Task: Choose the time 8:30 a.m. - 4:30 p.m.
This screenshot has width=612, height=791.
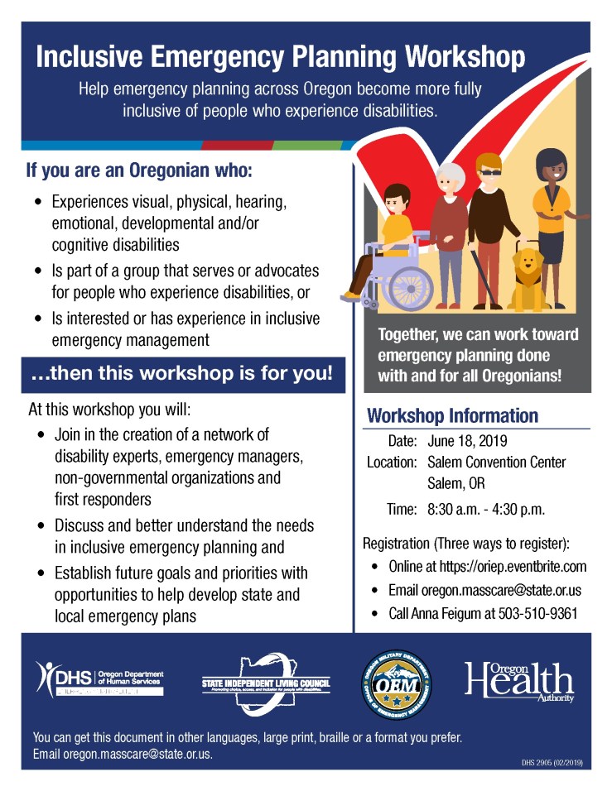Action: pos(486,509)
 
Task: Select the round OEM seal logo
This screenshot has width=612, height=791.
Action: pos(397,683)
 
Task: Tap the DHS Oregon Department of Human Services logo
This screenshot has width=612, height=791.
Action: pos(99,679)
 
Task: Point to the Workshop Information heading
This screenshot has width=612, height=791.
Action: pos(452,415)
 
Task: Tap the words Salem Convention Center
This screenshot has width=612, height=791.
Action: pos(497,462)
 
